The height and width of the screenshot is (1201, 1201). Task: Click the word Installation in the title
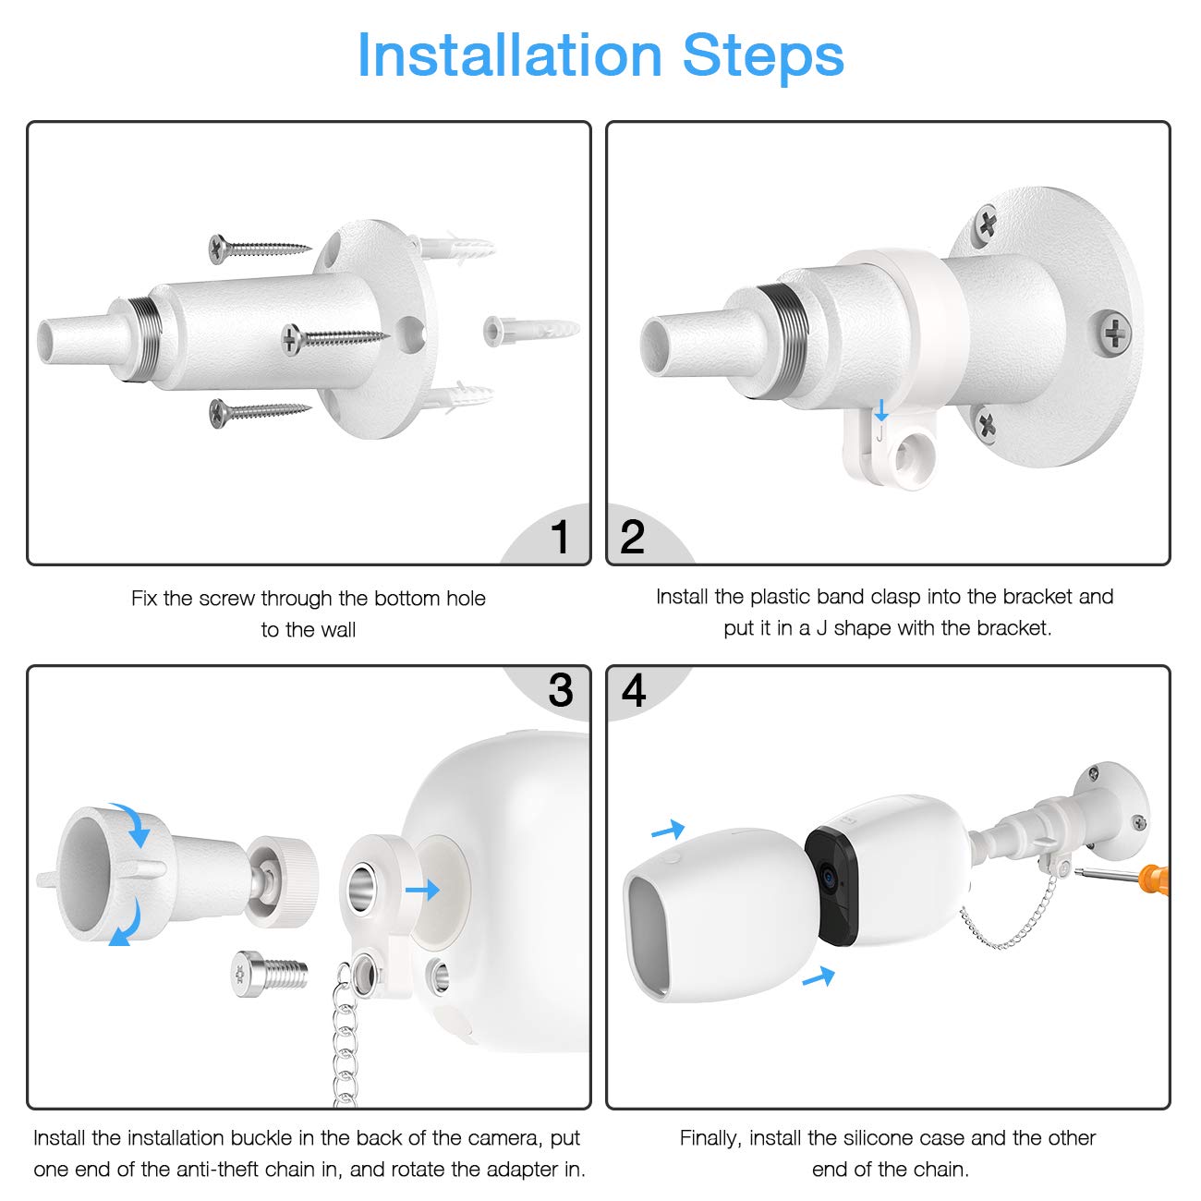[x=509, y=55]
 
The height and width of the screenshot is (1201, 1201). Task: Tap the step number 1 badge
[x=559, y=536]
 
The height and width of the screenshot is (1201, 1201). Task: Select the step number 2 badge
[x=632, y=536]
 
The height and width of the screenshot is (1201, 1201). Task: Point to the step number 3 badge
[x=560, y=690]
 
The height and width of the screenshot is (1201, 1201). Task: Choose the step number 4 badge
[x=633, y=690]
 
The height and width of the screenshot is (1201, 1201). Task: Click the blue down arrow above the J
[x=880, y=410]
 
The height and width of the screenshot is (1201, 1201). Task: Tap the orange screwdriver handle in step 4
[x=1154, y=880]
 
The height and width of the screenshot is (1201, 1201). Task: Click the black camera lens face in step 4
[x=831, y=884]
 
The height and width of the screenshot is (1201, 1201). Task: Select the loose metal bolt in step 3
[x=269, y=974]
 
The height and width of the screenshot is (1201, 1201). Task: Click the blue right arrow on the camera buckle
[x=422, y=890]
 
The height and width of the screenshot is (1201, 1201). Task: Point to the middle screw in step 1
[x=334, y=339]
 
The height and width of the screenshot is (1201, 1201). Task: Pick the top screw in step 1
[x=260, y=249]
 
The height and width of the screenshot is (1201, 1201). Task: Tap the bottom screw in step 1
[x=260, y=413]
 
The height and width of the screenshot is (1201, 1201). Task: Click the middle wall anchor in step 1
[x=531, y=331]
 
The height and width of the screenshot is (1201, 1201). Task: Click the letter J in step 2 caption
[x=821, y=628]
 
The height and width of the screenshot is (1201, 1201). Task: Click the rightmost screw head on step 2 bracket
[x=1115, y=334]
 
